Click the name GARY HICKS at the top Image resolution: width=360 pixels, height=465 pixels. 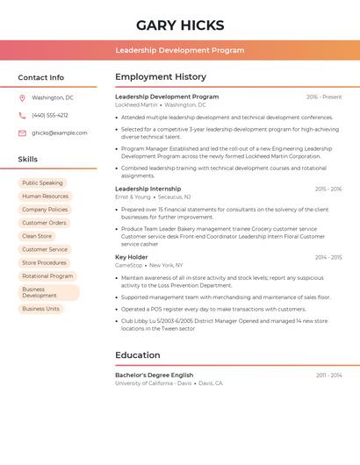pos(180,25)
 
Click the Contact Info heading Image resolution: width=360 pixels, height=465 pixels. pos(41,77)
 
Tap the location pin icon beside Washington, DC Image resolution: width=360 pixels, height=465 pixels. pos(22,98)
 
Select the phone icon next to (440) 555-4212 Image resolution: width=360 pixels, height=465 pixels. pos(22,116)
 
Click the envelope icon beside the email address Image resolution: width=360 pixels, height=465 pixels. pos(22,133)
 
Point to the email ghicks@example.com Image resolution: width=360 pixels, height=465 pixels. pos(60,133)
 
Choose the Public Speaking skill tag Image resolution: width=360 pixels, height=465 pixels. pos(42,183)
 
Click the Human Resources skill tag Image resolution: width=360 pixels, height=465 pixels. pos(45,197)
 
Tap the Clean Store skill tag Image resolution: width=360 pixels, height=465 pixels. pos(37,236)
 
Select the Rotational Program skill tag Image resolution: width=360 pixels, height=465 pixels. pos(47,275)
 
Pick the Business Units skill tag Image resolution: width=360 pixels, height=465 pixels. pos(40,309)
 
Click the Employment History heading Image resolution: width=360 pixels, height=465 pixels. pos(161,77)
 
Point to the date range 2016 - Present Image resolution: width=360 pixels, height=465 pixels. pos(324,97)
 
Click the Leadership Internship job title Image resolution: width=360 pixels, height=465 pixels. pos(148,189)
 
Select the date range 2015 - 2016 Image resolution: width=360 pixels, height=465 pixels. pos(328,189)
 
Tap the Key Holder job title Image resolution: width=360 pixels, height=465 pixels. pos(132,257)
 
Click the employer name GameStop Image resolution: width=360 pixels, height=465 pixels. pos(129,265)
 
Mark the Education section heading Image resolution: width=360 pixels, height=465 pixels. pos(137,355)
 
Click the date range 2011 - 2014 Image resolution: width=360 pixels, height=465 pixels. pos(328,375)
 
